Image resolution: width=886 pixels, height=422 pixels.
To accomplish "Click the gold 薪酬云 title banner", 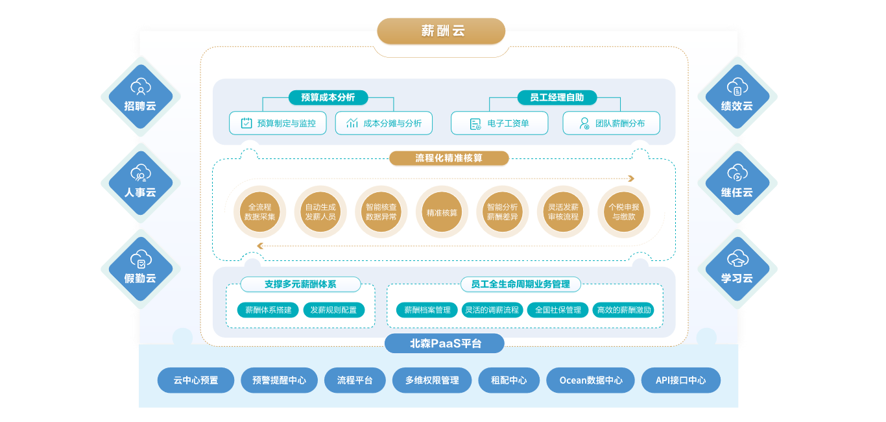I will (x=441, y=31).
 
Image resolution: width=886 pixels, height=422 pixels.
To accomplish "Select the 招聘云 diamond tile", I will (x=140, y=96).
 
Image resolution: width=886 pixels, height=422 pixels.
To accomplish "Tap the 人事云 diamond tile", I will (x=140, y=182).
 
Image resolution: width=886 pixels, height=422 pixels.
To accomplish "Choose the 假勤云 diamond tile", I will (x=140, y=269).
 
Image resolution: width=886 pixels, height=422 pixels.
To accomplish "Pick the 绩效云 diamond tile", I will (x=737, y=96).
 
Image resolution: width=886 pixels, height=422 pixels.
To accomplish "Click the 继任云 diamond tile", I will (x=737, y=182).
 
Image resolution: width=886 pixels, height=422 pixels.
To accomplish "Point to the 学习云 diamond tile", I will (x=737, y=269).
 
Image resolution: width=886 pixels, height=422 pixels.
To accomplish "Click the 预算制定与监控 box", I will (x=278, y=123).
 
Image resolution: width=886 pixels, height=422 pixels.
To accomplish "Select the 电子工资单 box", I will (x=499, y=123).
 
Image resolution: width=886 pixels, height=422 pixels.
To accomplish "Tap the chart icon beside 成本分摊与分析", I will (x=352, y=123).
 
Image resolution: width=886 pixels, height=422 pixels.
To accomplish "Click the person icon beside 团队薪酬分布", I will (x=584, y=123).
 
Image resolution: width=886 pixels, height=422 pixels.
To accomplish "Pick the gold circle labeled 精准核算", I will (x=442, y=212).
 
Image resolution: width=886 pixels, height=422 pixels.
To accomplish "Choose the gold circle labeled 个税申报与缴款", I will (x=625, y=212).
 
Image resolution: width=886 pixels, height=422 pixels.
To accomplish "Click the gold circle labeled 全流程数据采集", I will (x=259, y=212).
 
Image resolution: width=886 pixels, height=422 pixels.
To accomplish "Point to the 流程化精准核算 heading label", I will (x=449, y=158).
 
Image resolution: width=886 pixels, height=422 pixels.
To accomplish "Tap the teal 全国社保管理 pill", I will (x=558, y=310).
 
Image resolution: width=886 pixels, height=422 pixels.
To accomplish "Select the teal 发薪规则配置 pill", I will (x=333, y=310).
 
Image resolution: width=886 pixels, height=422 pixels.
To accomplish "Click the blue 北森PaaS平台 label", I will (x=444, y=343).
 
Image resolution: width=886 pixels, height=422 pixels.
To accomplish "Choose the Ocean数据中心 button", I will (x=590, y=380).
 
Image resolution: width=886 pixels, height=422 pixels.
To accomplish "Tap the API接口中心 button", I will (x=680, y=380).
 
